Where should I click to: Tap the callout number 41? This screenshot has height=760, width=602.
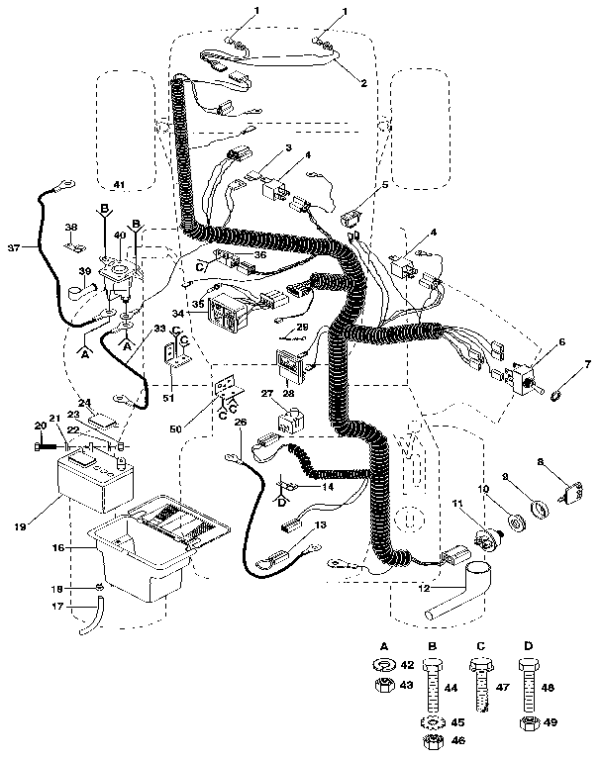[x=119, y=185]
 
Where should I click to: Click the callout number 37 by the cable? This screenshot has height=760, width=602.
[x=13, y=246]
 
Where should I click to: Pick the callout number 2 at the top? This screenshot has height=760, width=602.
[x=363, y=84]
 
